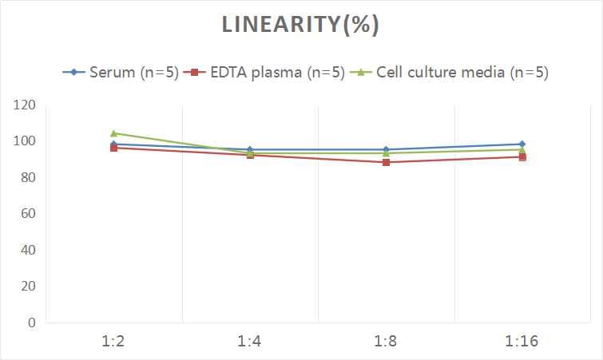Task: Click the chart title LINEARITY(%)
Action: [300, 25]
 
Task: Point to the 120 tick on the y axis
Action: [25, 105]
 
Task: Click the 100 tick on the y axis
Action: [25, 141]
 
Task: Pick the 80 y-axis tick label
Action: [28, 177]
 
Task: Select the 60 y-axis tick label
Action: [28, 214]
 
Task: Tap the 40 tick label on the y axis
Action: [28, 250]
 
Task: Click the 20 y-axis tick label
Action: [28, 286]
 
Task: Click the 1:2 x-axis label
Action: [114, 342]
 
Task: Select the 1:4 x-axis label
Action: [250, 342]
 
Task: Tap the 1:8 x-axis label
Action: [386, 342]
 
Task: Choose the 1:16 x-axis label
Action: [522, 342]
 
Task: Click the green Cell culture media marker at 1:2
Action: [114, 133]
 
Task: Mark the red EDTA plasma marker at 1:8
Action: [386, 162]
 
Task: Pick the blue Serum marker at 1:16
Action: [522, 144]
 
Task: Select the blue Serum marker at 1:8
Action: [386, 149]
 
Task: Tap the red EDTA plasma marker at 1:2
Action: [114, 148]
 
